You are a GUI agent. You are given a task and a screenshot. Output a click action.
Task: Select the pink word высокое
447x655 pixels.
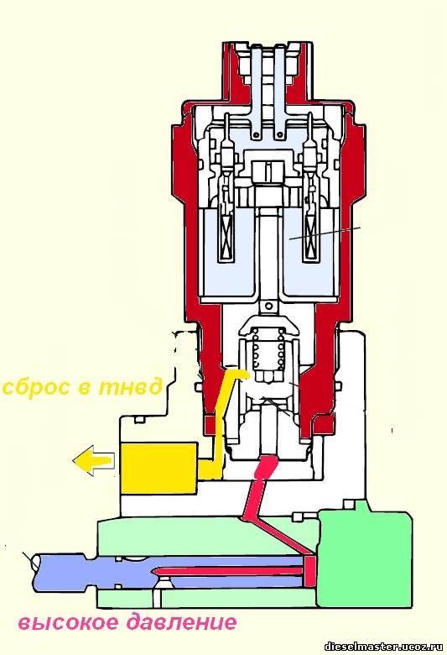coord(67,623)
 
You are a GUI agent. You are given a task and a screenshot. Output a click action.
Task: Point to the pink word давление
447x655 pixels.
coord(181,622)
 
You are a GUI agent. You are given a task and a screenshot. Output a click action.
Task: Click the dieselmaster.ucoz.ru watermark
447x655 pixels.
coord(385,647)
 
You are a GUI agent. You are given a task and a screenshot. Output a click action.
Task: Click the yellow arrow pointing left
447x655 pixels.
coord(93,461)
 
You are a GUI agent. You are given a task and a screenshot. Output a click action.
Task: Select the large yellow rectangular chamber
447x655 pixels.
coord(159,469)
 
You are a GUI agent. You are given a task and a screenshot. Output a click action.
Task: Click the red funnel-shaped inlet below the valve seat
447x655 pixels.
coord(267,466)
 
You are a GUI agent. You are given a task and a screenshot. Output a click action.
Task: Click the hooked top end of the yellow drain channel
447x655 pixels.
coord(239,373)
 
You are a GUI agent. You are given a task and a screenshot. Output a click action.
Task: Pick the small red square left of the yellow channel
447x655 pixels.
coord(210,424)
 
